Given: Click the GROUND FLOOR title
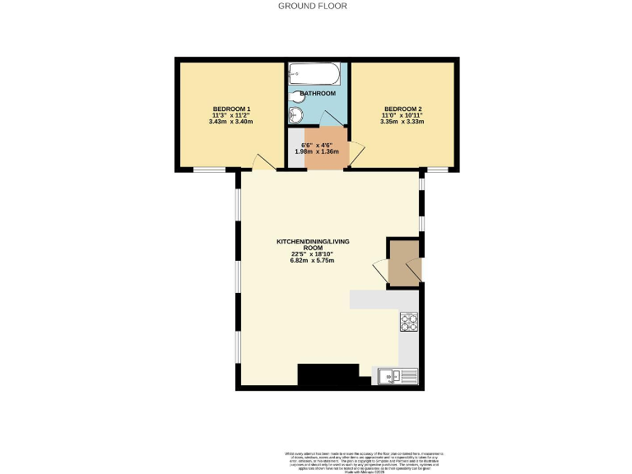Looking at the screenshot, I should coord(312,6).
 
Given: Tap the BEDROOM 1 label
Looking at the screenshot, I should coord(231,109).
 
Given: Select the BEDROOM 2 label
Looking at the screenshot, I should coord(402,109).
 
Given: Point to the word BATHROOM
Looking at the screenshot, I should coord(318,94).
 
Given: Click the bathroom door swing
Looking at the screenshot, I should coord(333,117).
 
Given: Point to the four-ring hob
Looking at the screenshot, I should coord(409,322).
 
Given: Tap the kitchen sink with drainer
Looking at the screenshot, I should coord(399,377).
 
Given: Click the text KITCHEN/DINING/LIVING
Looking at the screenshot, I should coord(312,240).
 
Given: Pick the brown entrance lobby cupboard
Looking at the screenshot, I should coord(403,263).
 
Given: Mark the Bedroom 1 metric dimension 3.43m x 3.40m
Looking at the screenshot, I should coord(231,123).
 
